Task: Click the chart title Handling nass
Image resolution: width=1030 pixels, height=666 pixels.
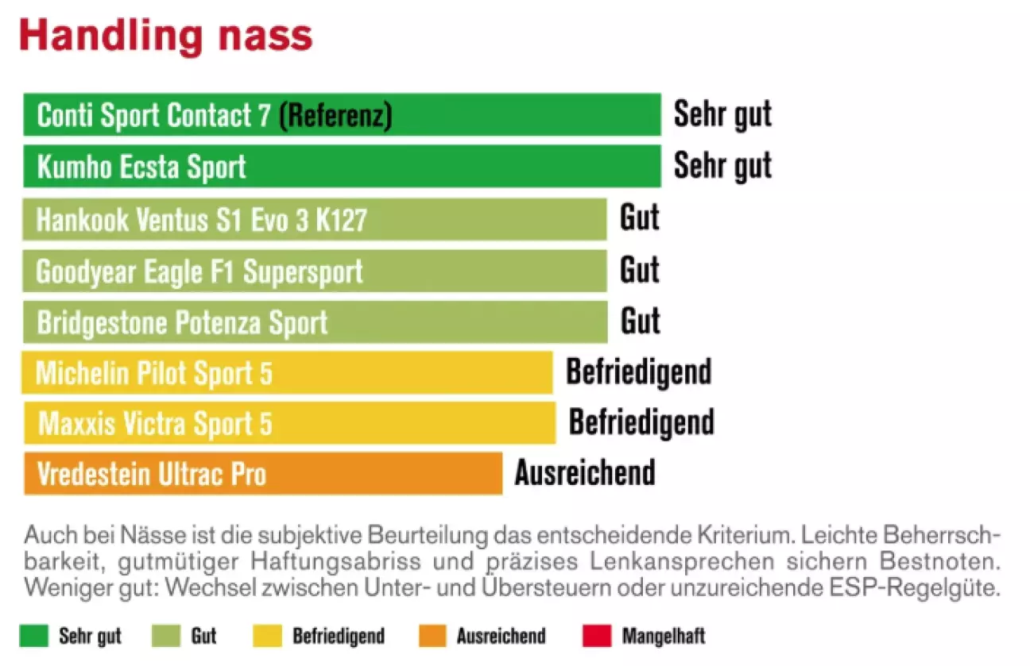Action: tap(165, 36)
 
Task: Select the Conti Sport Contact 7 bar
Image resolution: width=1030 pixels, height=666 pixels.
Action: tap(342, 115)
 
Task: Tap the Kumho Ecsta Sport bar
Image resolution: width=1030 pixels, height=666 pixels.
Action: tap(342, 167)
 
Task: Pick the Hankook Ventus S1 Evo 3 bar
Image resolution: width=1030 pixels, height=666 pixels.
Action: tap(315, 219)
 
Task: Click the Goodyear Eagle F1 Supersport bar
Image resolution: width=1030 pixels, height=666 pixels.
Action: tap(315, 271)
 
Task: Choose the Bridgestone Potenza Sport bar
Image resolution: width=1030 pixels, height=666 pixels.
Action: tap(315, 322)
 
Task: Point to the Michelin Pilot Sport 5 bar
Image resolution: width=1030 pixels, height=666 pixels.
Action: tap(287, 373)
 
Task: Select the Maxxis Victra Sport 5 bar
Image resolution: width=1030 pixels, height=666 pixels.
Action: tap(289, 423)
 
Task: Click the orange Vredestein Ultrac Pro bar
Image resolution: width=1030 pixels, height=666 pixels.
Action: tap(263, 474)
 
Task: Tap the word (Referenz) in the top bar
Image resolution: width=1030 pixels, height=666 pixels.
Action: tap(335, 116)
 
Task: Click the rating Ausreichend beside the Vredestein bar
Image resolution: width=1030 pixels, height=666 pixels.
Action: tap(585, 472)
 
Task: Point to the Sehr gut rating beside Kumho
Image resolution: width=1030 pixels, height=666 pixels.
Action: tap(722, 166)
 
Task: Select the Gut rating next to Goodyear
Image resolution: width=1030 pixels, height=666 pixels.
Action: tap(640, 270)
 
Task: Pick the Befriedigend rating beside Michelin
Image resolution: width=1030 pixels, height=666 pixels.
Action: tap(638, 371)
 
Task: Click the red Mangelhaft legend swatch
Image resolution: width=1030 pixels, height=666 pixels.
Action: tap(597, 636)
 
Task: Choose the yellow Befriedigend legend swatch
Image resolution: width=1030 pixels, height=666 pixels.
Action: tap(268, 636)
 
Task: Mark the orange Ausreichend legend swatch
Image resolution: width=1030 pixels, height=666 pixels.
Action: tap(432, 636)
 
